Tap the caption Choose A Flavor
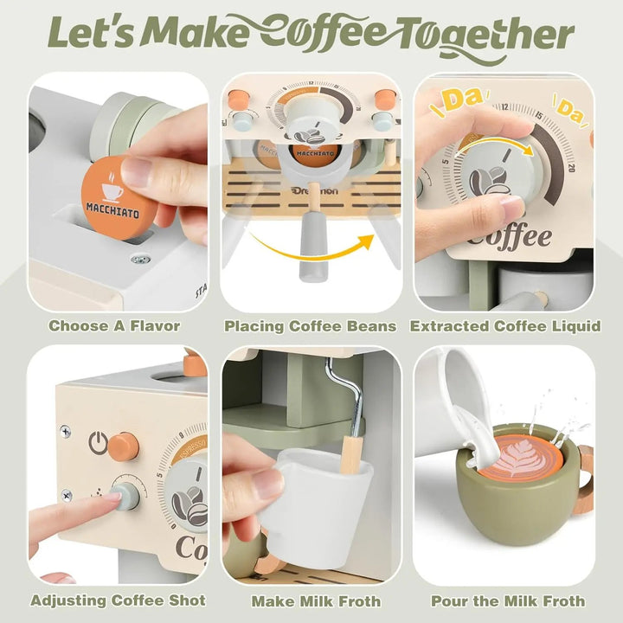tap(114, 326)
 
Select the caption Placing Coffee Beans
tap(311, 326)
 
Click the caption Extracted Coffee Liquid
tap(505, 326)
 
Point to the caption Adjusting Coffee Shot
tap(118, 601)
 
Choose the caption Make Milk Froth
tap(311, 601)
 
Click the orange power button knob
tap(125, 445)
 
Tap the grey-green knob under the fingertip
tap(125, 497)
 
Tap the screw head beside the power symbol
tap(66, 430)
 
